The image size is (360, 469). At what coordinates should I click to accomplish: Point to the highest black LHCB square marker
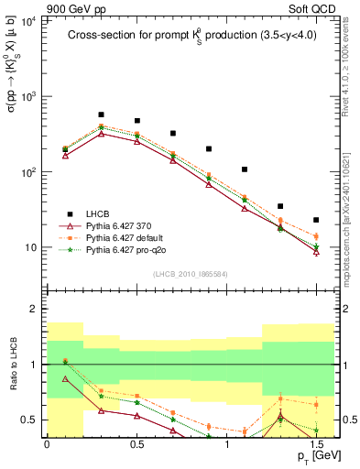pos(101,115)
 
